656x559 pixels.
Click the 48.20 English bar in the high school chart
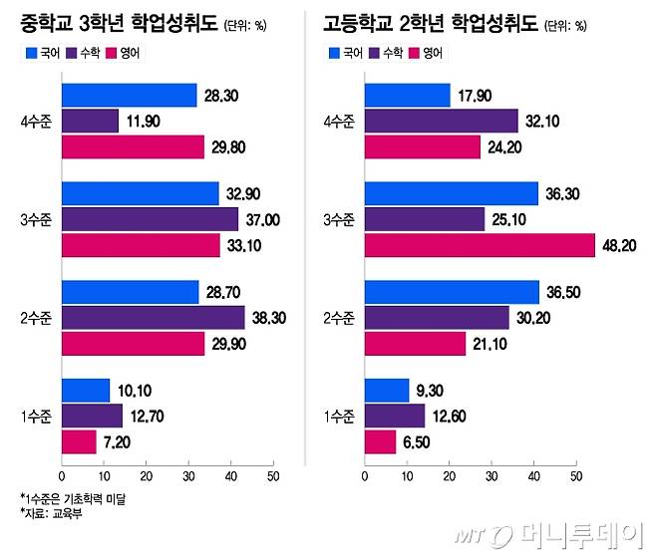click(480, 245)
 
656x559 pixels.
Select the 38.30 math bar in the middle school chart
click(153, 317)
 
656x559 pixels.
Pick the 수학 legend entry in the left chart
click(84, 52)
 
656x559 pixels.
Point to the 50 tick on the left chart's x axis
click(272, 475)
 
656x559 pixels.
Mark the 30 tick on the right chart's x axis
click(492, 475)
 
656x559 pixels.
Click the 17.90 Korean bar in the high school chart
click(407, 96)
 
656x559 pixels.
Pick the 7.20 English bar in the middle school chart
click(79, 440)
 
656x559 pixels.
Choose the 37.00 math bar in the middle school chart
click(150, 219)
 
